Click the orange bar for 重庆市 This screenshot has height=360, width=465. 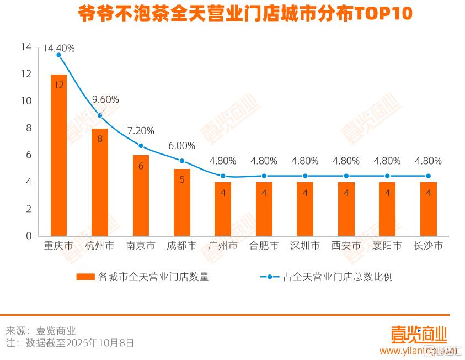click(58, 160)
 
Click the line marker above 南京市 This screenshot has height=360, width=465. click(141, 146)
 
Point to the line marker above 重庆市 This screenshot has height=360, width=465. click(58, 55)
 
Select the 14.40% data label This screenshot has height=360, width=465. click(58, 48)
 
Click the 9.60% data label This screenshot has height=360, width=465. click(105, 99)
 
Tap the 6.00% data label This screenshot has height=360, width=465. click(181, 146)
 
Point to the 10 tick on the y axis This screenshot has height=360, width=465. click(26, 101)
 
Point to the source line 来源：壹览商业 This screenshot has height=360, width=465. click(41, 331)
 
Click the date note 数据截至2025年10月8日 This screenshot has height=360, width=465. click(79, 343)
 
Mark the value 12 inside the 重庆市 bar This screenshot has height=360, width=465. click(58, 85)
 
